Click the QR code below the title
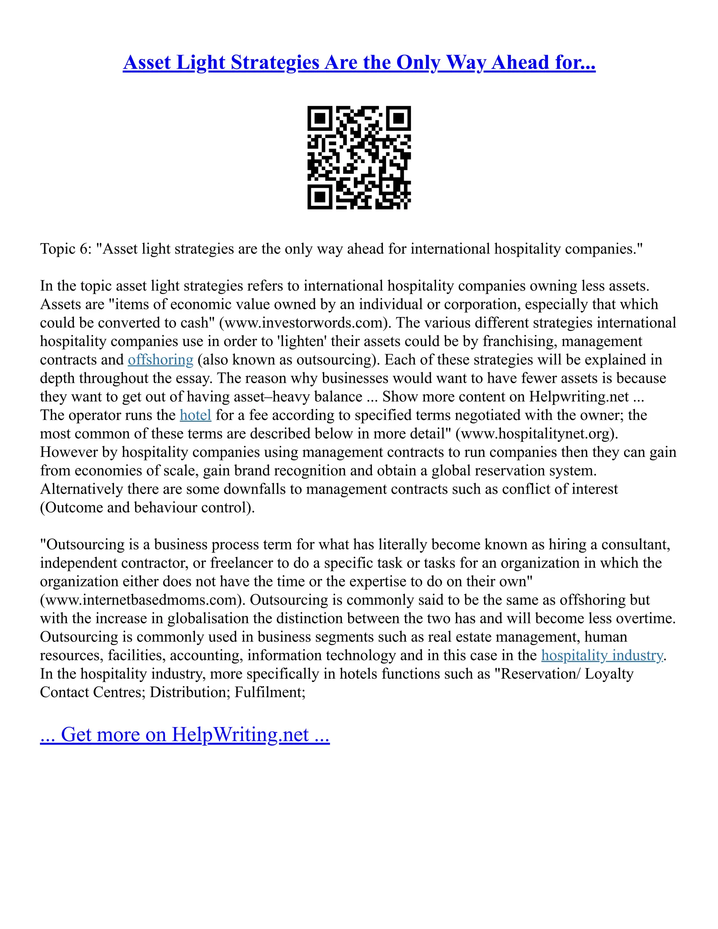(x=359, y=157)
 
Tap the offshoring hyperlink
(x=160, y=360)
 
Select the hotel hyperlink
(x=195, y=415)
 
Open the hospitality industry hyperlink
(x=602, y=656)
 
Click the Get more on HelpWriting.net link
(x=185, y=734)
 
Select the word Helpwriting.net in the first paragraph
(x=579, y=397)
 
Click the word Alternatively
(x=81, y=489)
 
